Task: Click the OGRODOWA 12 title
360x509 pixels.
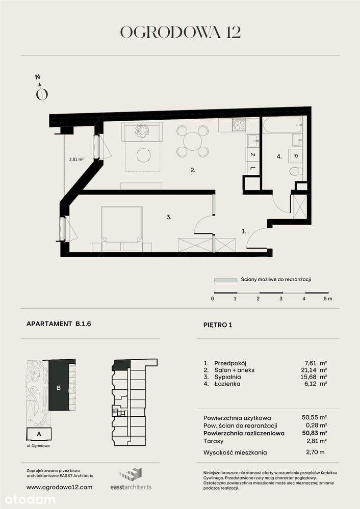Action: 180,32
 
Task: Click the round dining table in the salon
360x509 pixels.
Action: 193,141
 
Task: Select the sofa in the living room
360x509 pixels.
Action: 141,131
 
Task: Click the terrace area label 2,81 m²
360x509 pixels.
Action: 76,158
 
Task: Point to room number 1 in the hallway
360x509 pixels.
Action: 244,231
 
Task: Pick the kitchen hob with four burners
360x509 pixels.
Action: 238,124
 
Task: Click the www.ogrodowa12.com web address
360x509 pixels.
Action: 59,487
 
